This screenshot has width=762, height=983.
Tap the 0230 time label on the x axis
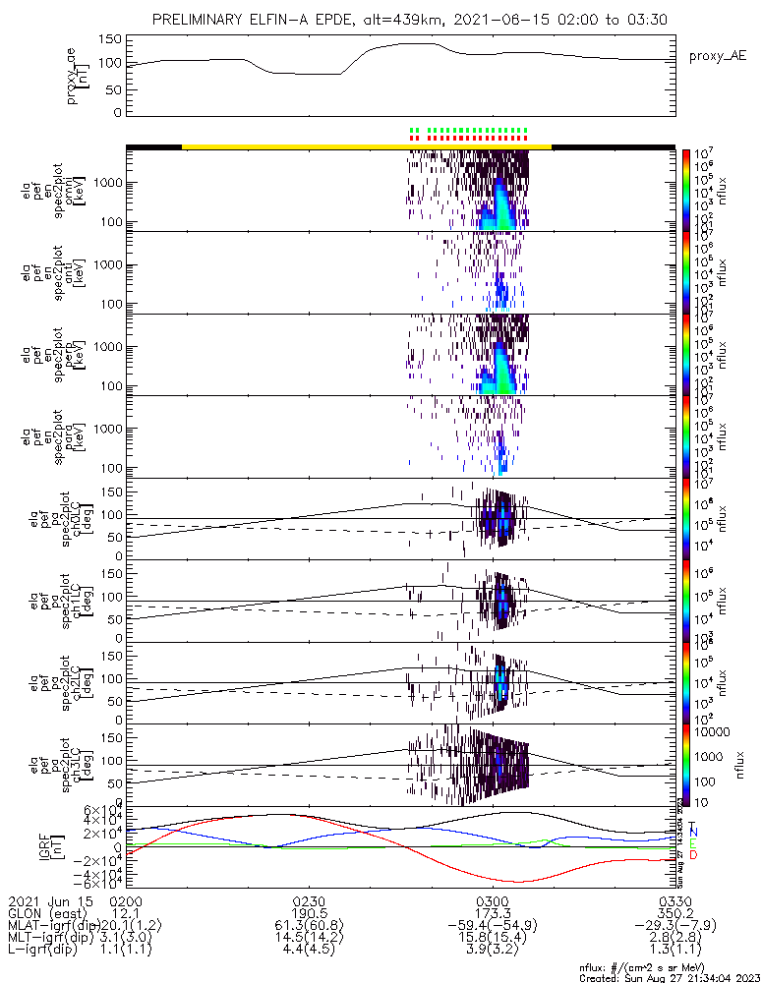pyautogui.click(x=309, y=900)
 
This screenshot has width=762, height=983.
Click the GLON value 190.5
pyautogui.click(x=309, y=913)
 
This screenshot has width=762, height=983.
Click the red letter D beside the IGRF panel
pyautogui.click(x=693, y=855)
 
